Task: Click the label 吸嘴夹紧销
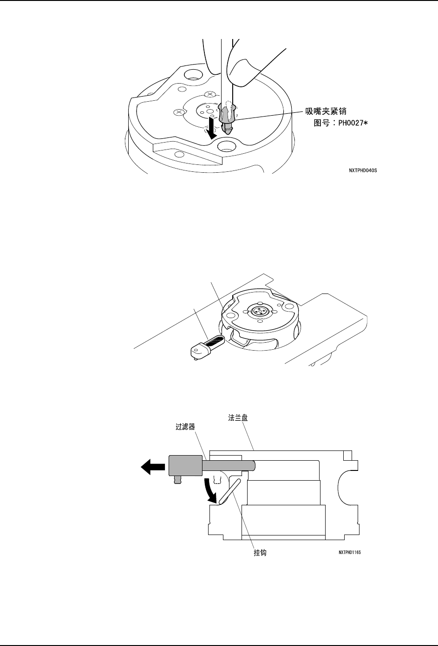pyautogui.click(x=327, y=111)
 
